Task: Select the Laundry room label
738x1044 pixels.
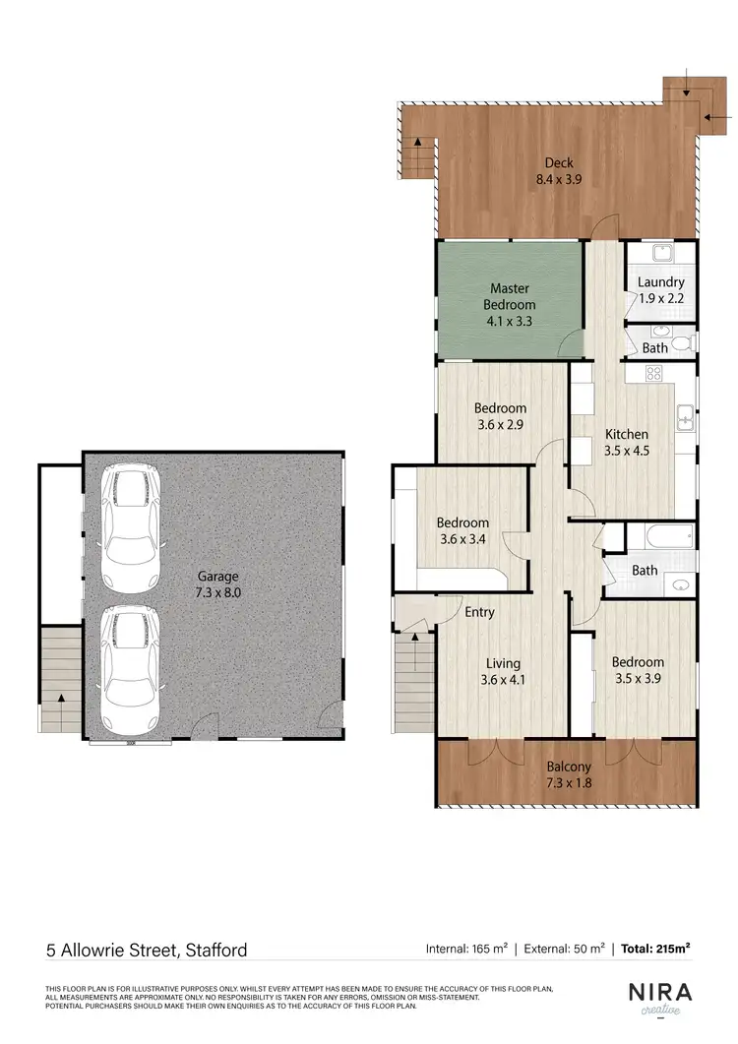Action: coord(660,290)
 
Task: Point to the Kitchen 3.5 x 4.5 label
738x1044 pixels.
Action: coord(627,442)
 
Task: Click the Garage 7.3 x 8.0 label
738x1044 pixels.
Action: coord(217,584)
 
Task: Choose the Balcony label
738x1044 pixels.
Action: coord(569,775)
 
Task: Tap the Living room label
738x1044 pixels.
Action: coord(501,671)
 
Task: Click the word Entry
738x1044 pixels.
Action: coord(479,612)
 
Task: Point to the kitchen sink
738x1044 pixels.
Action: coord(685,421)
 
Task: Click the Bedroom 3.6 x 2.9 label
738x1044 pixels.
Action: coord(500,415)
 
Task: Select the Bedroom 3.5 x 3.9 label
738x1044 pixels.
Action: coord(637,670)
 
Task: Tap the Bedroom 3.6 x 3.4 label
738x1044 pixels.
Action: coord(462,530)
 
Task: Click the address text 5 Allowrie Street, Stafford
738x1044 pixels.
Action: coord(147,951)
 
